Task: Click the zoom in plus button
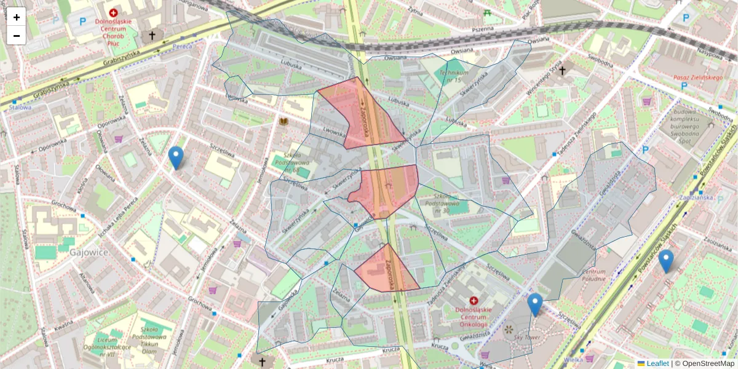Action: [x=17, y=17]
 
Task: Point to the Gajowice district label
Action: [x=89, y=252]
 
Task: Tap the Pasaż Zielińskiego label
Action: [x=697, y=77]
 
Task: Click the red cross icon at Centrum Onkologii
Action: [x=474, y=301]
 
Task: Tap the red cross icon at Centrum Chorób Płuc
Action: [x=113, y=12]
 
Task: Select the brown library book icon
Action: [x=284, y=122]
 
